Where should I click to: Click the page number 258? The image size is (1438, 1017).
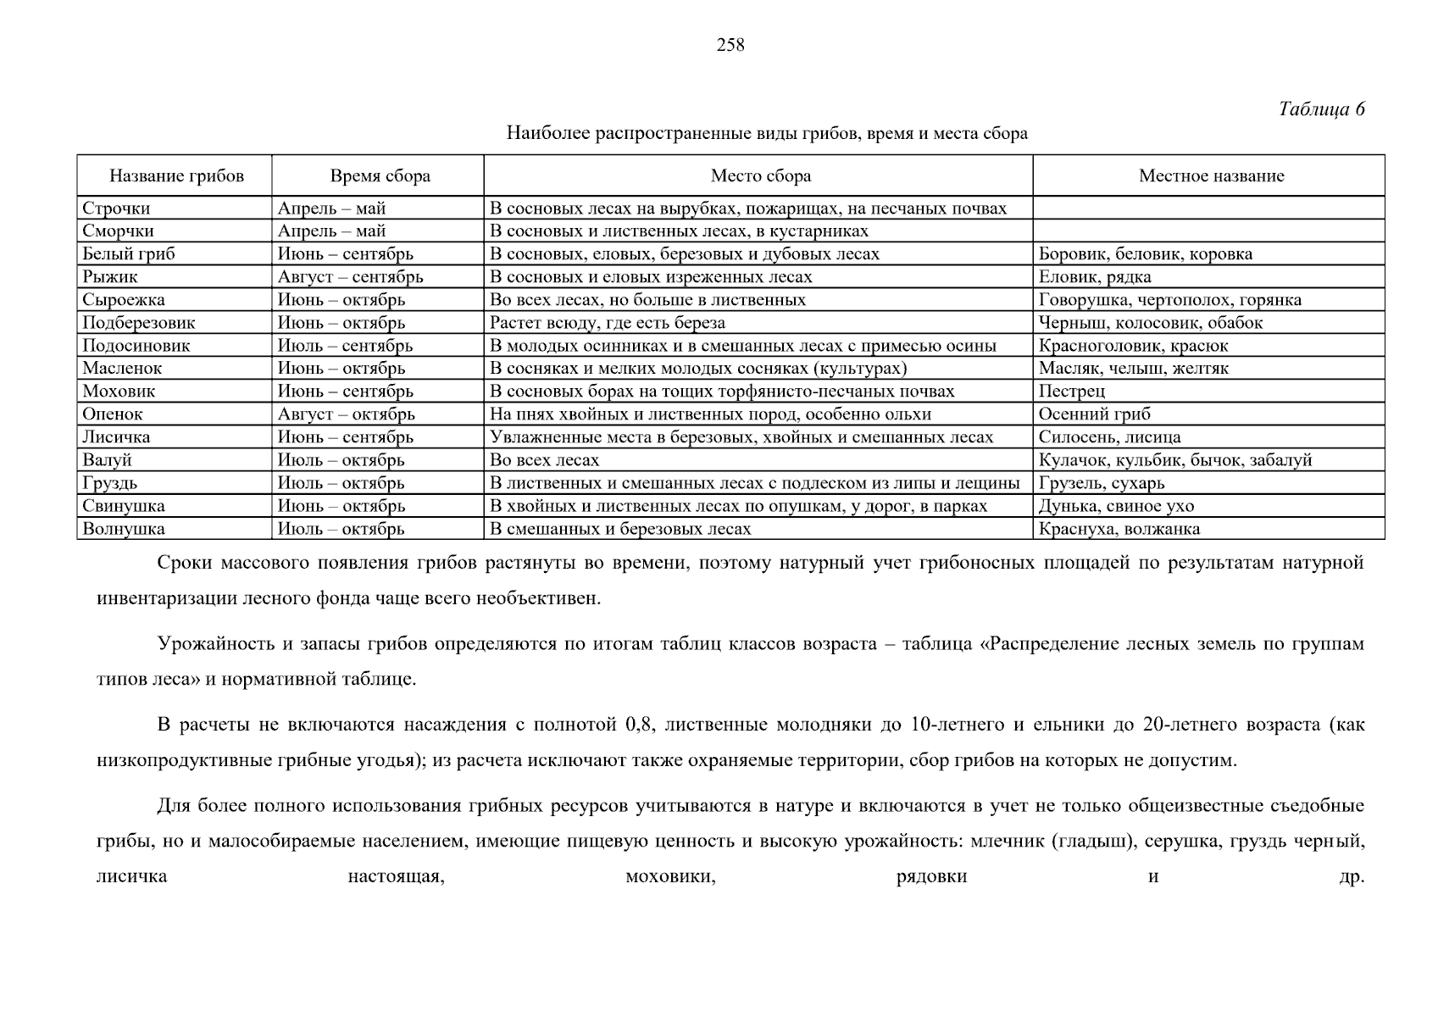730,46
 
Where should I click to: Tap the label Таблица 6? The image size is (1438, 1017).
1321,109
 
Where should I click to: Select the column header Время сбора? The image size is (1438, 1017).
380,176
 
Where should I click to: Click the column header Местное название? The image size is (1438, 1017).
1210,176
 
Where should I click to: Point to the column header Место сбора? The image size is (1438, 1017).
760,176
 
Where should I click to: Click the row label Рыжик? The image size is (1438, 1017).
109,277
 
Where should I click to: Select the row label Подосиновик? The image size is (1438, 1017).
136,346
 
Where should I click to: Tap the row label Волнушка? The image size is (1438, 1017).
123,529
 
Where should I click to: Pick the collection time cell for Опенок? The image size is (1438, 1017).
346,414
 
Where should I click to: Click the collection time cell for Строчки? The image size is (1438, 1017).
331,208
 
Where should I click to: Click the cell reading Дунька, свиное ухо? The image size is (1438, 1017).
1116,506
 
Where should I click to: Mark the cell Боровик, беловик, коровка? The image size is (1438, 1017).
1145,254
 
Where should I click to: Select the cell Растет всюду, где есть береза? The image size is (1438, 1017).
608,323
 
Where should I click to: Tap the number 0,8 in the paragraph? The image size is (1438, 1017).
638,725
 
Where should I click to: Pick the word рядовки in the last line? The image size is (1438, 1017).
931,876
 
